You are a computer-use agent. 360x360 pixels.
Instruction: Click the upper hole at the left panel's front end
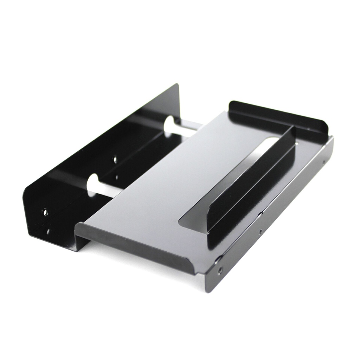click(x=45, y=212)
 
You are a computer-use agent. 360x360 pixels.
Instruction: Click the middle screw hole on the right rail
click(x=260, y=232)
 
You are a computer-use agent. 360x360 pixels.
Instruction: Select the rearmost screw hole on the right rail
click(x=324, y=162)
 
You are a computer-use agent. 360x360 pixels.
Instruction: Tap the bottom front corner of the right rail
click(x=207, y=292)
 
